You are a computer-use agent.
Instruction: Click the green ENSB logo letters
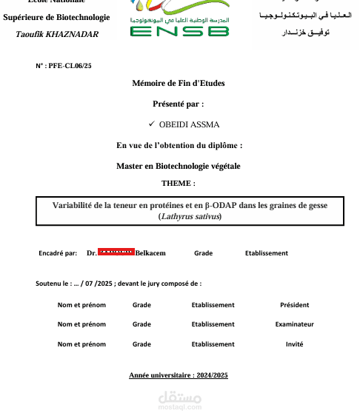(x=179, y=32)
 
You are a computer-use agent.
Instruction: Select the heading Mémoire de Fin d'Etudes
(x=178, y=83)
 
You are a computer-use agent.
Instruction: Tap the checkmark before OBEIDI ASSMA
(x=151, y=124)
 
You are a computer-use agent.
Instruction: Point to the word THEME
(x=178, y=182)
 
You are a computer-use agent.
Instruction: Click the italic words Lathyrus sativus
(x=190, y=216)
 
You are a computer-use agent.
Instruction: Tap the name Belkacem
(x=150, y=253)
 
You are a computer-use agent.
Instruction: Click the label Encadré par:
(x=58, y=253)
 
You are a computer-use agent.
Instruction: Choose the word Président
(x=294, y=305)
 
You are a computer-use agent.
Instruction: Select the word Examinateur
(x=294, y=324)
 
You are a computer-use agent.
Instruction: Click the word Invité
(x=294, y=343)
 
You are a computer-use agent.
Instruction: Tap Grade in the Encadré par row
(x=203, y=253)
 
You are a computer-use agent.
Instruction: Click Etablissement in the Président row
(x=213, y=305)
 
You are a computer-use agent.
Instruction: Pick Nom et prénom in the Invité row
(x=81, y=343)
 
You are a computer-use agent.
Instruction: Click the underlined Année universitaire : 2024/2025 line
(x=179, y=375)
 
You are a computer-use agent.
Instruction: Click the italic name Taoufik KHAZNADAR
(x=56, y=34)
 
